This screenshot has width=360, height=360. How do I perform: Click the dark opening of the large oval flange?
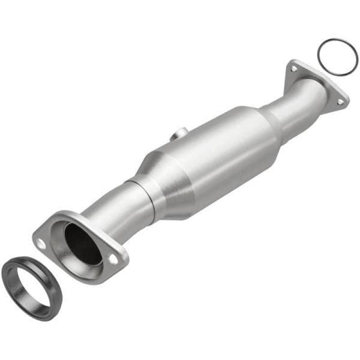point(82,242)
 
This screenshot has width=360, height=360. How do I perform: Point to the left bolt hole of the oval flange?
point(40,244)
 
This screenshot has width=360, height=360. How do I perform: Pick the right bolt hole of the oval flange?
point(113,259)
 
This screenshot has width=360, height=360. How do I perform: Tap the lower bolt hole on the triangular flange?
point(340,102)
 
